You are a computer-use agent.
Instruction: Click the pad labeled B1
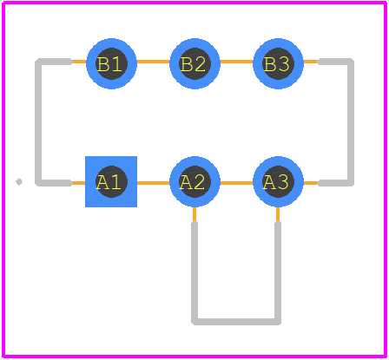(x=111, y=63)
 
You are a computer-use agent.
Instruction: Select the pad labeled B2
(x=194, y=63)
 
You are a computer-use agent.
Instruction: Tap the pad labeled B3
(x=278, y=63)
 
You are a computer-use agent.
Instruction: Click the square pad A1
(x=111, y=181)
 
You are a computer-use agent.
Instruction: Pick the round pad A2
(x=194, y=181)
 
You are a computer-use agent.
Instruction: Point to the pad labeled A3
(x=278, y=181)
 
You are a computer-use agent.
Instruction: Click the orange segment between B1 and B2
(x=153, y=62)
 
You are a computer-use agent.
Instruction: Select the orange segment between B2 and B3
(x=236, y=62)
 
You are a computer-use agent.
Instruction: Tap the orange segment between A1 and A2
(x=153, y=183)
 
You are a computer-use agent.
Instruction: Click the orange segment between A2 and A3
(x=236, y=183)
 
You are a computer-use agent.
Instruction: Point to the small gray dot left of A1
(x=19, y=181)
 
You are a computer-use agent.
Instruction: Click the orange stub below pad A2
(x=194, y=214)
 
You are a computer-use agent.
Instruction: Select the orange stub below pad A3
(x=278, y=214)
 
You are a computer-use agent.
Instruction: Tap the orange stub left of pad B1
(x=79, y=62)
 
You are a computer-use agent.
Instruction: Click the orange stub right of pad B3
(x=311, y=62)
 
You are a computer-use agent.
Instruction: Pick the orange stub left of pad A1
(x=78, y=183)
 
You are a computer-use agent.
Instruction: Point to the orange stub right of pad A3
(x=311, y=183)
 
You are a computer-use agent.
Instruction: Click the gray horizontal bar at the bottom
(x=236, y=322)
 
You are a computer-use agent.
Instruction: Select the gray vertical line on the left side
(x=38, y=122)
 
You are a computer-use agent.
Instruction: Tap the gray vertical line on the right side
(x=351, y=122)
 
